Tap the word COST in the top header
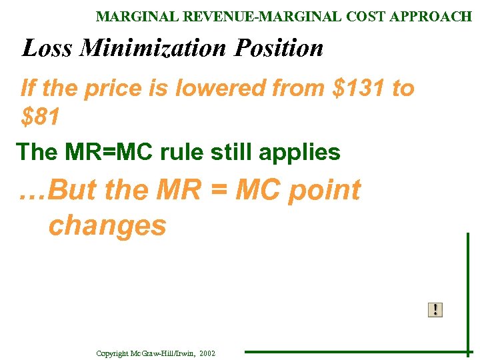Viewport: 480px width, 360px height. click(x=368, y=17)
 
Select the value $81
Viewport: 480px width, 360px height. click(x=41, y=117)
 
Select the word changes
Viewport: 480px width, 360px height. click(x=107, y=226)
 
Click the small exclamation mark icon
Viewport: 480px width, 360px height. click(x=435, y=309)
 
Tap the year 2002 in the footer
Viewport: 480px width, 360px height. click(x=207, y=353)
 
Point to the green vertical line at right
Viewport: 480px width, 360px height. click(x=468, y=293)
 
